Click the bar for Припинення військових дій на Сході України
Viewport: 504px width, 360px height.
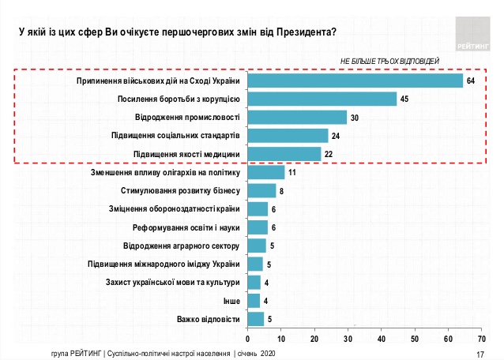coord(355,81)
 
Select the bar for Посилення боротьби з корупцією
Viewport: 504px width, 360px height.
coord(322,99)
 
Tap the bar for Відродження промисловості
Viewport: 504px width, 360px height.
coord(298,118)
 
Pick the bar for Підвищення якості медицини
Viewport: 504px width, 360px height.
coord(284,154)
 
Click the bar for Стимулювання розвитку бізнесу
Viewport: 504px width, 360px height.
coord(261,190)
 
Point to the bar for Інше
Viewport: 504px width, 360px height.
coord(254,300)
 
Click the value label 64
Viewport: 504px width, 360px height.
coord(471,81)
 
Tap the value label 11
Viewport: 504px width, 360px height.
coord(292,172)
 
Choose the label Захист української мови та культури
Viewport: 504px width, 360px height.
coord(173,282)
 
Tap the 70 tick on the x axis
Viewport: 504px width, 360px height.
coord(481,339)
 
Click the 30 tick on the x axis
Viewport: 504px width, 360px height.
coord(348,339)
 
